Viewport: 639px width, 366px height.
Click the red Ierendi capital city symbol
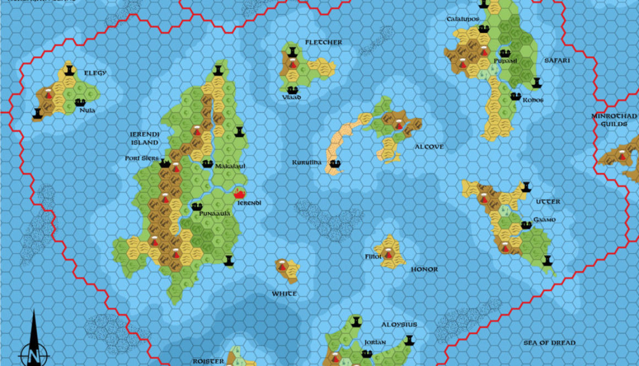[x=240, y=193]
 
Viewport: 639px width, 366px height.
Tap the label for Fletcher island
[x=324, y=42]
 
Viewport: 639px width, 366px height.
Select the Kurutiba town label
[x=307, y=163]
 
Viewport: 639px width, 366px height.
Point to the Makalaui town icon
[x=208, y=163]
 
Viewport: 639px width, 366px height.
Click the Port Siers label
[x=141, y=159]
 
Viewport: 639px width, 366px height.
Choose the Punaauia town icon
[x=197, y=206]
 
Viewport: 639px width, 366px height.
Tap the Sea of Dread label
[x=549, y=343]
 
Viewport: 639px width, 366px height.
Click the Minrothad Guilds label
[x=614, y=120]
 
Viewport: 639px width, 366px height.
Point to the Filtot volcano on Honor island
[x=388, y=254]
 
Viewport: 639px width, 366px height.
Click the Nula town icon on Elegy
[x=80, y=102]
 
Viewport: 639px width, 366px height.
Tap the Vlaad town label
[x=292, y=97]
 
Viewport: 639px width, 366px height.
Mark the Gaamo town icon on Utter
[x=526, y=224]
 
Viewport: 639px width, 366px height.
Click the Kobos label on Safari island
[x=533, y=100]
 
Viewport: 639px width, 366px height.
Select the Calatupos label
[x=462, y=19]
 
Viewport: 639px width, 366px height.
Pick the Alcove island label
[x=429, y=147]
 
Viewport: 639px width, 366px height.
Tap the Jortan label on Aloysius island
[x=375, y=342]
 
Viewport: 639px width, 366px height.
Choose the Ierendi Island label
[x=144, y=138]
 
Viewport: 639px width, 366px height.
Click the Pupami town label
[x=506, y=61]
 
